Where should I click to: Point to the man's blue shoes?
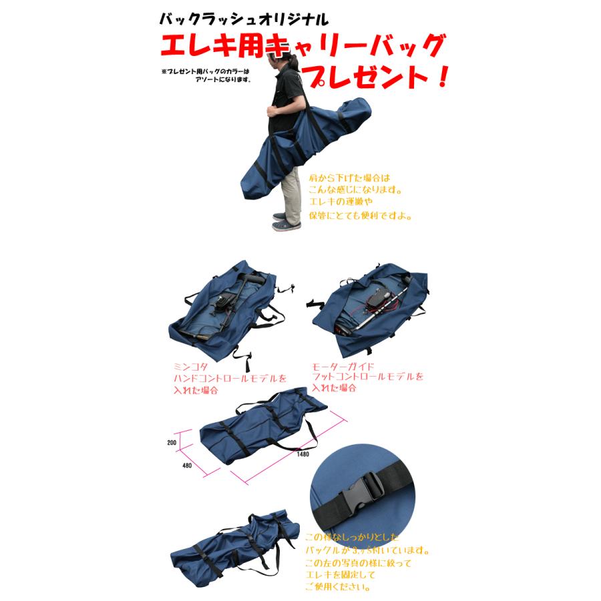click(x=286, y=222)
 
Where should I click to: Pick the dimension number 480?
click(x=186, y=466)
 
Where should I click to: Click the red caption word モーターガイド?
click(x=341, y=367)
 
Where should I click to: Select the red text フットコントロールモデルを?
click(x=368, y=377)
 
